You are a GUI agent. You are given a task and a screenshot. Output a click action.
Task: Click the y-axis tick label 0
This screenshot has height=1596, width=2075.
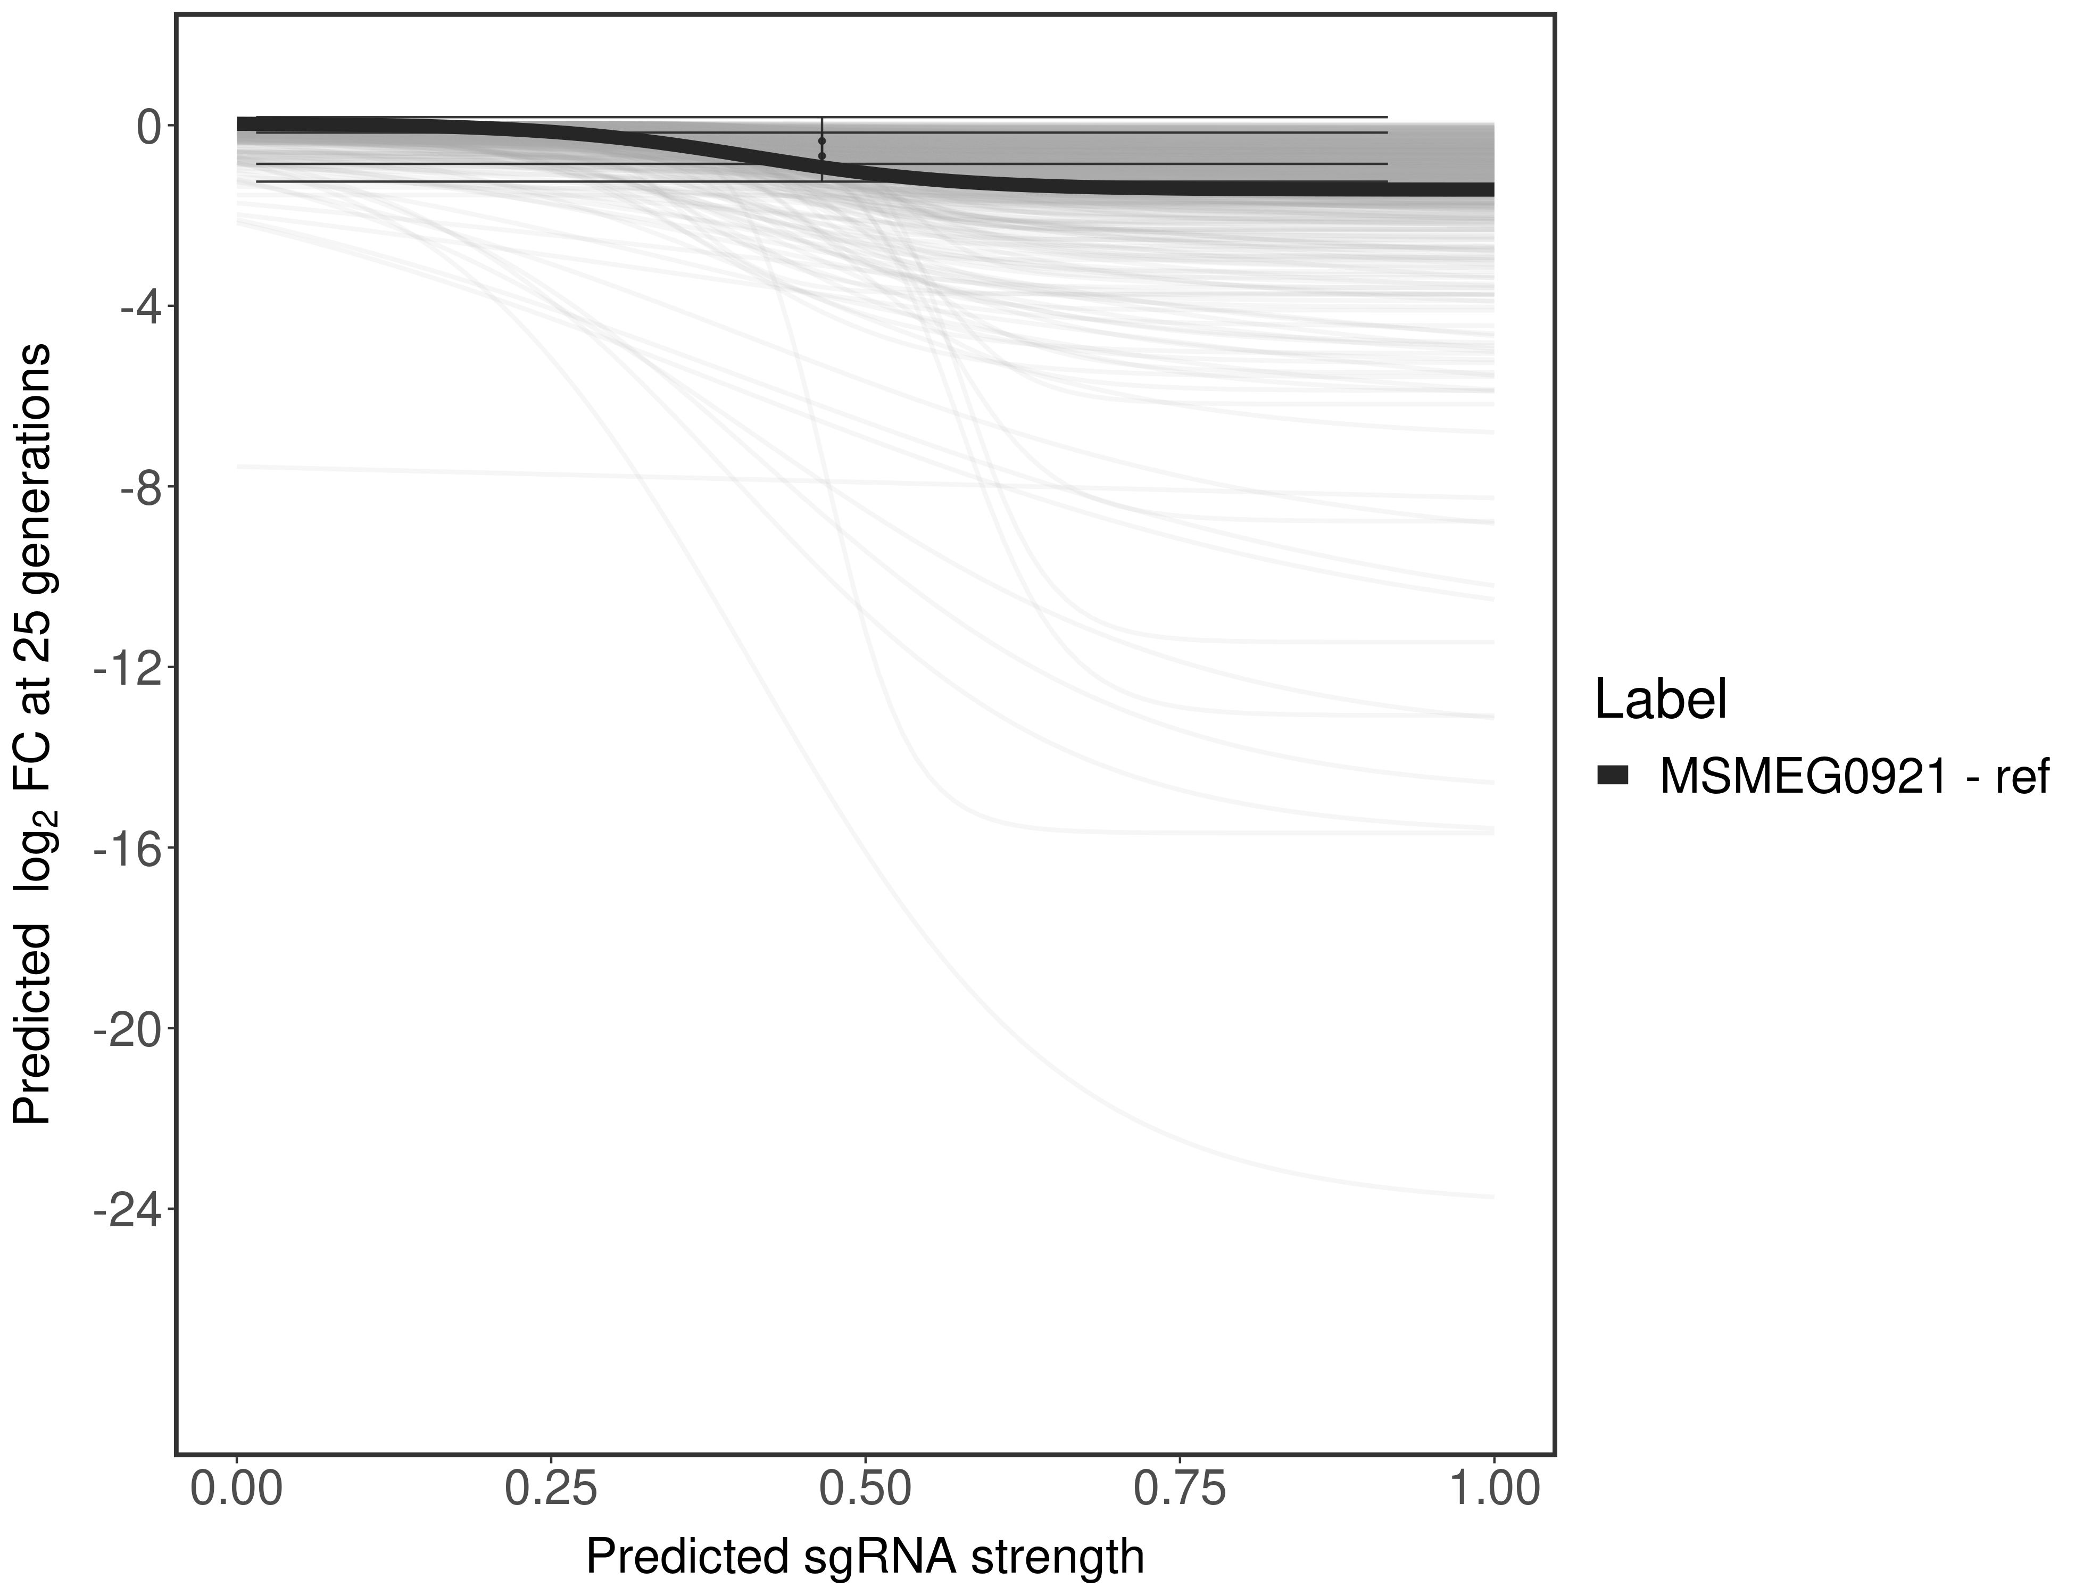[x=149, y=127]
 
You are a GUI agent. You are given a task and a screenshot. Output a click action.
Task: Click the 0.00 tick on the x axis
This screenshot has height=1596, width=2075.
[x=237, y=1487]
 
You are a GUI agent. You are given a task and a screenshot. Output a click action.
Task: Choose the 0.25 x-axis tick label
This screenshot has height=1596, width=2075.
[x=551, y=1487]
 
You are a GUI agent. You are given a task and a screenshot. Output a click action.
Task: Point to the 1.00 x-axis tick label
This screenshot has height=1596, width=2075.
[x=1493, y=1487]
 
